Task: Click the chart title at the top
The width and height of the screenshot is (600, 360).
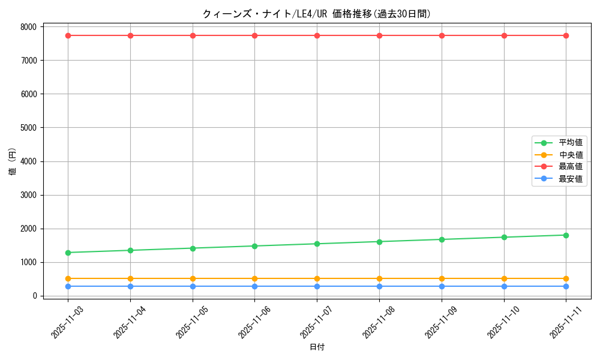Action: (x=317, y=14)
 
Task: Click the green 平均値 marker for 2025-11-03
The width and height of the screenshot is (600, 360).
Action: (x=68, y=253)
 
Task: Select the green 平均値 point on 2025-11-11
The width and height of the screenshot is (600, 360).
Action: (x=566, y=235)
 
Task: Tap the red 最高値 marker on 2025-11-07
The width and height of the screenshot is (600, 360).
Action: (x=317, y=35)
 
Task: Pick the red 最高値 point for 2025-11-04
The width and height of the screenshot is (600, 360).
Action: (x=130, y=35)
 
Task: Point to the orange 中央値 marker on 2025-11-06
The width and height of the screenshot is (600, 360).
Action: (x=254, y=278)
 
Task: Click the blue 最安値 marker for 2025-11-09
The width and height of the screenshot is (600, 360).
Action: (x=442, y=286)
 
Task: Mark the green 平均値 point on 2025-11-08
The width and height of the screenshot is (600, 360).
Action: (x=379, y=242)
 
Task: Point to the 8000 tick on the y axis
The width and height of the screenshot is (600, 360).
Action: (x=29, y=26)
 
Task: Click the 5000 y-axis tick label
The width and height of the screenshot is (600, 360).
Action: (x=29, y=128)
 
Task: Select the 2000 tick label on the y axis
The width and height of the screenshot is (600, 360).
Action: (x=29, y=229)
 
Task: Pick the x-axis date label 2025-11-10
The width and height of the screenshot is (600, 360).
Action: (x=502, y=322)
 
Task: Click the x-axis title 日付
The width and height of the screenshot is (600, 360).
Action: (x=317, y=347)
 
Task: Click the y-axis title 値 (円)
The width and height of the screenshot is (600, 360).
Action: (x=13, y=161)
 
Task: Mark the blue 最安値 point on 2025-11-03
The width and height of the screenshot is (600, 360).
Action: (x=68, y=286)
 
